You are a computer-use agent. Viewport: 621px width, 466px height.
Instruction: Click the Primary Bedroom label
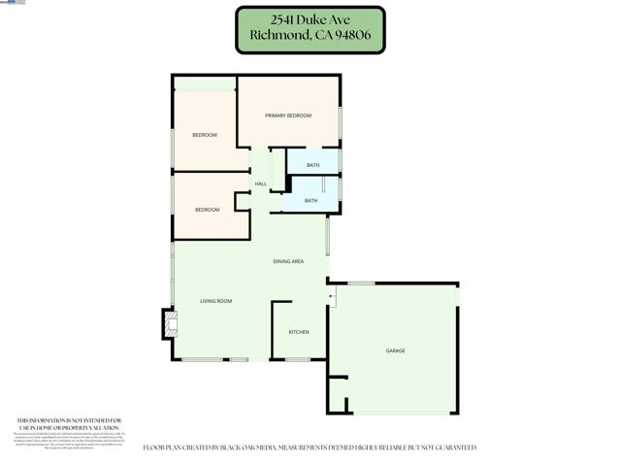tap(288, 116)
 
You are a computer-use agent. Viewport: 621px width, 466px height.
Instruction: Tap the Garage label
tap(395, 350)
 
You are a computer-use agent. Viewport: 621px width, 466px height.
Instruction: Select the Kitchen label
tap(299, 333)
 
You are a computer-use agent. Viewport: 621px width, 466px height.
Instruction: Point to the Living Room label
tap(215, 301)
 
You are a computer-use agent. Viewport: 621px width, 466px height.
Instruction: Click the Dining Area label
tap(288, 261)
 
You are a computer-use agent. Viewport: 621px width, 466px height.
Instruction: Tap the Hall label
tap(260, 183)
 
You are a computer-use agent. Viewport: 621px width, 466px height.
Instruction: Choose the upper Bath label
tap(312, 165)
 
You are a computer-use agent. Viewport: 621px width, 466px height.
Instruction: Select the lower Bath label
tap(310, 201)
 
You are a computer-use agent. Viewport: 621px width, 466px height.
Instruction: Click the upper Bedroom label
tap(204, 135)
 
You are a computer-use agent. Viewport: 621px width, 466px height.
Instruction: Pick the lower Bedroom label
tap(207, 210)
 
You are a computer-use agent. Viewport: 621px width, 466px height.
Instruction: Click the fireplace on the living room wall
tap(170, 323)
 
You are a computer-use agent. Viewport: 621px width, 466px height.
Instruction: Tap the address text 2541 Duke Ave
tap(310, 19)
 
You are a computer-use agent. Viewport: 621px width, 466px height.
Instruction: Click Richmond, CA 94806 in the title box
tap(310, 37)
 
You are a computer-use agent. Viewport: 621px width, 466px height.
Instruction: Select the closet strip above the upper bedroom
tap(205, 83)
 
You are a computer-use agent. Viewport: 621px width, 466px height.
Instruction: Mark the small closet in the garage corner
tap(338, 395)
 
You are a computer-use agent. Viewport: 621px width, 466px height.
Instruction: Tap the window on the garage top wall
tap(361, 283)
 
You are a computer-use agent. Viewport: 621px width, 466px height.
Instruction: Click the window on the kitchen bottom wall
tap(297, 360)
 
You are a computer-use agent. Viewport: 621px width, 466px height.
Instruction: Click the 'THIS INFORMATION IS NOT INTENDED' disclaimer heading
tap(69, 420)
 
